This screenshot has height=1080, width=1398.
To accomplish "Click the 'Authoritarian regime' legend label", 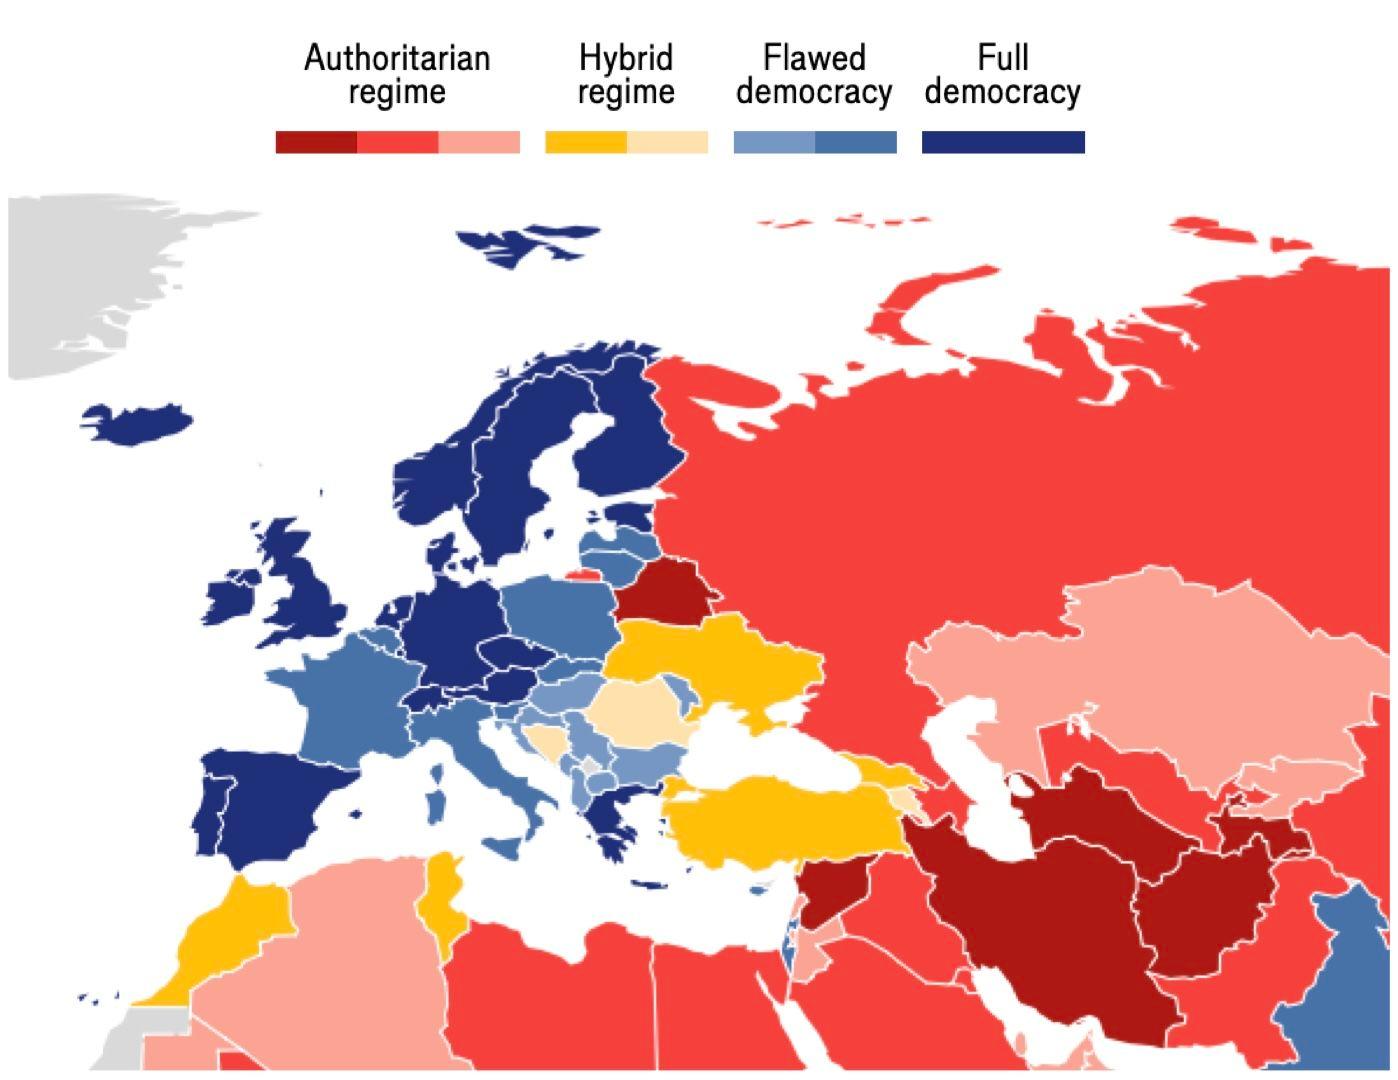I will click(x=397, y=74).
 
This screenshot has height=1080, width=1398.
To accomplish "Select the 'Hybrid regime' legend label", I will click(x=626, y=74).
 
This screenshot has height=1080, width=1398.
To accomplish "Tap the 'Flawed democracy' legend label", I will click(x=814, y=74).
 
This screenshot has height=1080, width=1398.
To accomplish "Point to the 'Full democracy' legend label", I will click(x=1002, y=74).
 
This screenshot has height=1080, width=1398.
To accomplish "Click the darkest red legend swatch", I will click(x=316, y=142).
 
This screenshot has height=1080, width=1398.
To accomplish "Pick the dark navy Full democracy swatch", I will click(x=1003, y=142).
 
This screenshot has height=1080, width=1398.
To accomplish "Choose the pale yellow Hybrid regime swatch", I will click(x=667, y=142).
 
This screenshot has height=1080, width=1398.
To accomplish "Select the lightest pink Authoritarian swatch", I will click(x=479, y=142).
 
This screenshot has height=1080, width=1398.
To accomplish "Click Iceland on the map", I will click(x=140, y=423).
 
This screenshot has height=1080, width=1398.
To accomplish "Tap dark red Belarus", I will click(x=664, y=591).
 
